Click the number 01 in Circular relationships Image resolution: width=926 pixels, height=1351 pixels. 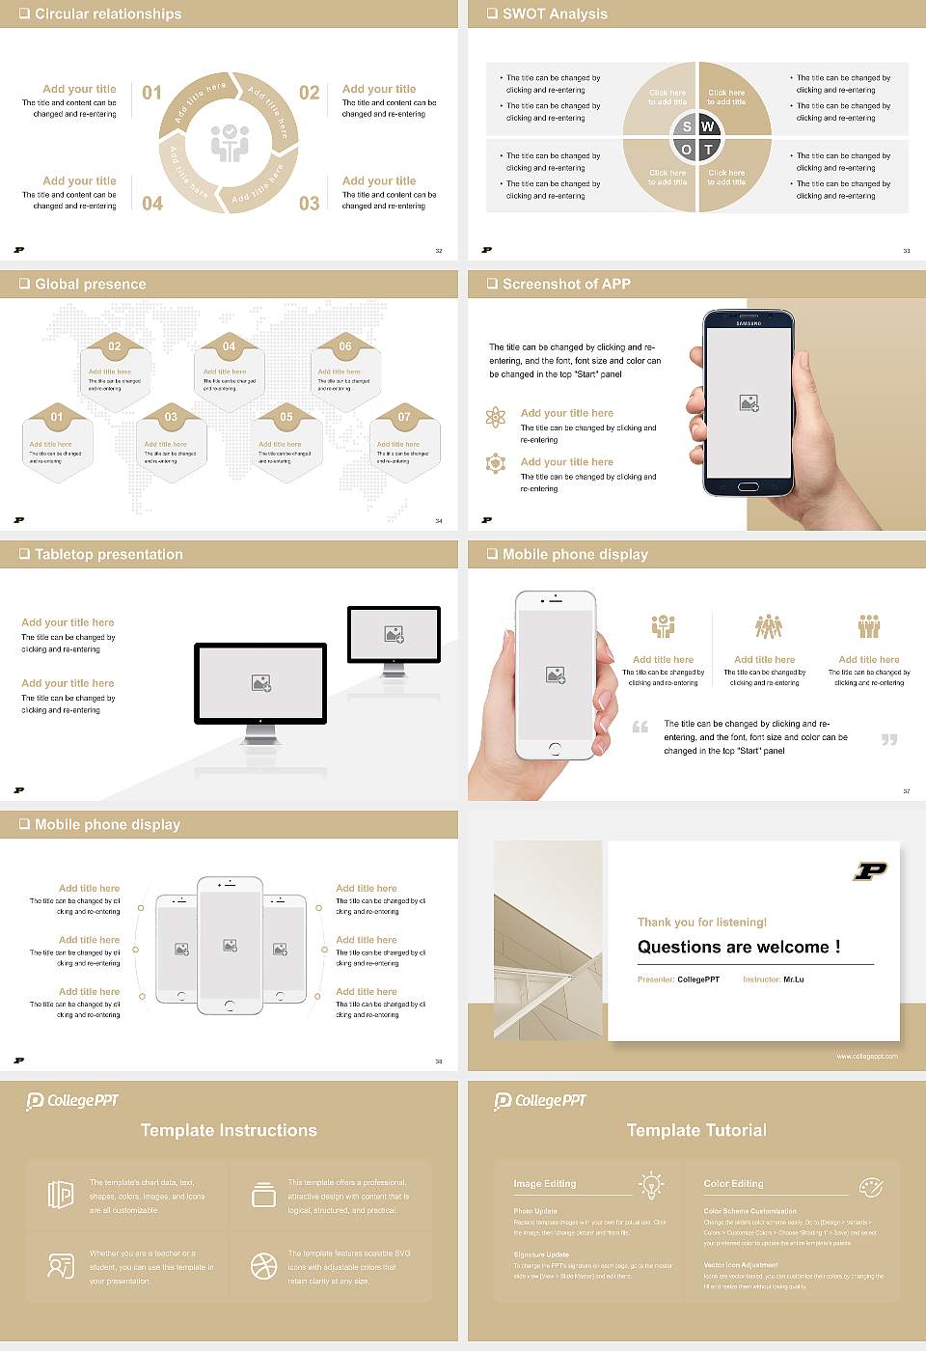coord(152,93)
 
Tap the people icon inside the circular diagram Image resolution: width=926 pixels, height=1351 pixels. coord(230,143)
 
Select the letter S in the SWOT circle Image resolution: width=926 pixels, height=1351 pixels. coord(687,126)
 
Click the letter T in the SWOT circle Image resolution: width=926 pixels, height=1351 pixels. coord(708,150)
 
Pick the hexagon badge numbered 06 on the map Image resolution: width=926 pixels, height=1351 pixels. coord(345,346)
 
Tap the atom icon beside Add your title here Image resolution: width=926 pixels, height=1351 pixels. coord(496,417)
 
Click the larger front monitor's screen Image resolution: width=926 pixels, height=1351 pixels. coord(260,683)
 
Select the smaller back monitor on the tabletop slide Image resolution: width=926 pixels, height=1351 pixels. coord(394,634)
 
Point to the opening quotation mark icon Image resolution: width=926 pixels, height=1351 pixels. coord(640,727)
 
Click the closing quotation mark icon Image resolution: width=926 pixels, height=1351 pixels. coord(889,739)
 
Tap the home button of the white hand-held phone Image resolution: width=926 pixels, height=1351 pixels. coord(555,749)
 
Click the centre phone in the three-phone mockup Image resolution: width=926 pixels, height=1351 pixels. coord(230,946)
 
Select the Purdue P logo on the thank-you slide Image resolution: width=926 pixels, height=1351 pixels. coord(870,871)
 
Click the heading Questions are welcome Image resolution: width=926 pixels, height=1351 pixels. coord(739,947)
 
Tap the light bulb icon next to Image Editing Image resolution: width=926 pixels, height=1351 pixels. coord(651,1184)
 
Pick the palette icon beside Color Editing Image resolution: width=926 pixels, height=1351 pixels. coord(871,1186)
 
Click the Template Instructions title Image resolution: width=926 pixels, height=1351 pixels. coord(229,1130)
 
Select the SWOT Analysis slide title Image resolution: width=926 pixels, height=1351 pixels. coord(555,14)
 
